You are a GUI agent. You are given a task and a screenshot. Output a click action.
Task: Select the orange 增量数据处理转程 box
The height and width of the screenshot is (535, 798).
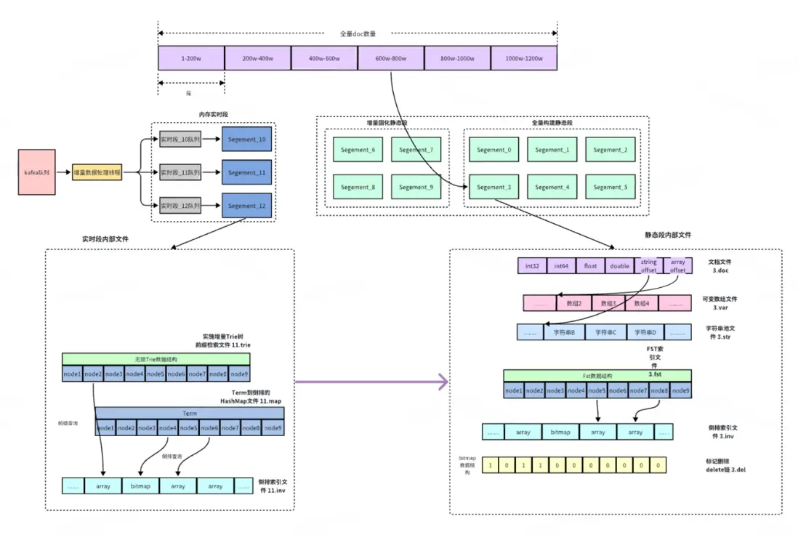[97, 173]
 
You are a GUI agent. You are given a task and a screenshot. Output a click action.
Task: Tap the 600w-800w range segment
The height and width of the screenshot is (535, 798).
[391, 57]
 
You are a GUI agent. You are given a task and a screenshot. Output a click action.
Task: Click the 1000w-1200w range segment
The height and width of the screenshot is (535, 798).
[524, 57]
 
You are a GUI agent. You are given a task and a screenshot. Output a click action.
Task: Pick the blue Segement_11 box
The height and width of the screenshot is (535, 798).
[246, 172]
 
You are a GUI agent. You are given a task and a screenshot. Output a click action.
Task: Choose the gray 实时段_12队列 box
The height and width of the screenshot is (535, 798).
[180, 206]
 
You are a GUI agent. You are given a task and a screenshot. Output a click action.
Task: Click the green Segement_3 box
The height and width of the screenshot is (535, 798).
[494, 187]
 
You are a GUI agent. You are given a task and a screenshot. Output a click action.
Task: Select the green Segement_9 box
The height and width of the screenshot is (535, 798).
[415, 187]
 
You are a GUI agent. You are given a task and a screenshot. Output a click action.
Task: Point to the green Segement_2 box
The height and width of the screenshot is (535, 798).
[610, 150]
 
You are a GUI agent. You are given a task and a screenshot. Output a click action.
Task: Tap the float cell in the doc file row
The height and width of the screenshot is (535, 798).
[589, 266]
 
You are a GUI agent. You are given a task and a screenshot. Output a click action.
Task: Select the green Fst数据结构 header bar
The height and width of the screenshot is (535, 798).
[597, 376]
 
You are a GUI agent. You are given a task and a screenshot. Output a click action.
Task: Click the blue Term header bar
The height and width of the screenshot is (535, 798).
[189, 413]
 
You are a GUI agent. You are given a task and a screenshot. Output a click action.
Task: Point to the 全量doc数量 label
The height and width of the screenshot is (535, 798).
[358, 33]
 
